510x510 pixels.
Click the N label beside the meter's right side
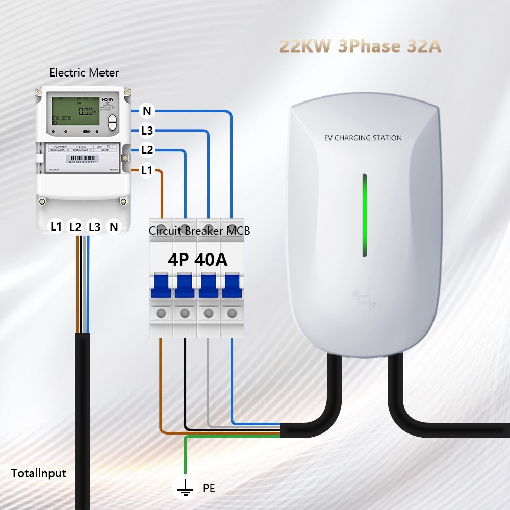pos(147,111)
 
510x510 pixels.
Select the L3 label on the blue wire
pos(147,131)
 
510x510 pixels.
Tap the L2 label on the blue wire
pos(147,150)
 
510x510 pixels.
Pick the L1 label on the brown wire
pos(147,171)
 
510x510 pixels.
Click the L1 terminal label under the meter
pos(56,226)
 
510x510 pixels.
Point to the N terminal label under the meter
pos(114,226)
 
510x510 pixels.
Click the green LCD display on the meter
pos(75,113)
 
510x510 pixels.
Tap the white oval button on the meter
pos(113,122)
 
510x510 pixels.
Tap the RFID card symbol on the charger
pos(365,299)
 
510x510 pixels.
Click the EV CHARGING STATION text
pos(363,138)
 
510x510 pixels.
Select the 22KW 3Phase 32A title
pos(360,46)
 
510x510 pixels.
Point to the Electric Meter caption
pos(84,72)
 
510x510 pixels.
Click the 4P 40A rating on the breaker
pos(197,260)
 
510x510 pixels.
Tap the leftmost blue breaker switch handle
pos(161,286)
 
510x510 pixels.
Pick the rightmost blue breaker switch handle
pos(233,286)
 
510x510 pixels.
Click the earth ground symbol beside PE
pos(185,489)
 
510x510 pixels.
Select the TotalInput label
pos(39,473)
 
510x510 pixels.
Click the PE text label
pos(209,489)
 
